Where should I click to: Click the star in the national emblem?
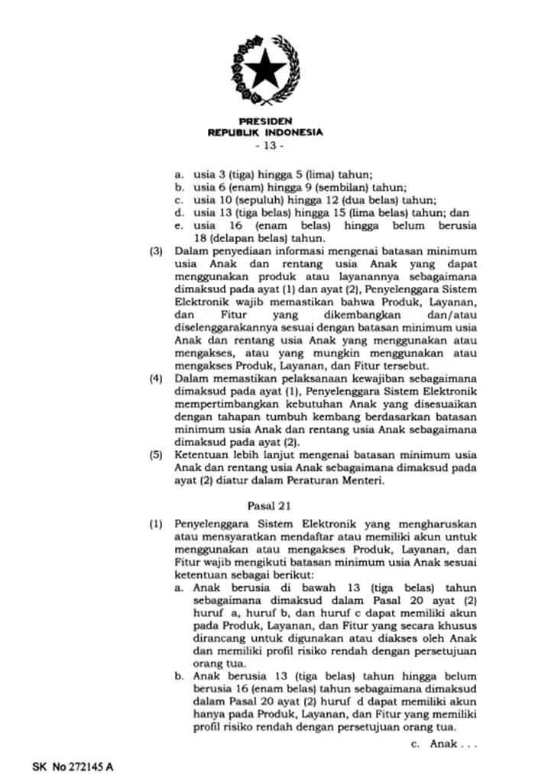point(265,69)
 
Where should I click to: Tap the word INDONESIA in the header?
point(294,132)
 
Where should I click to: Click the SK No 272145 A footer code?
point(73,764)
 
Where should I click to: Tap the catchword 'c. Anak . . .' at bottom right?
point(443,743)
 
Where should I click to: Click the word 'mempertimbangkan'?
point(222,404)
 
